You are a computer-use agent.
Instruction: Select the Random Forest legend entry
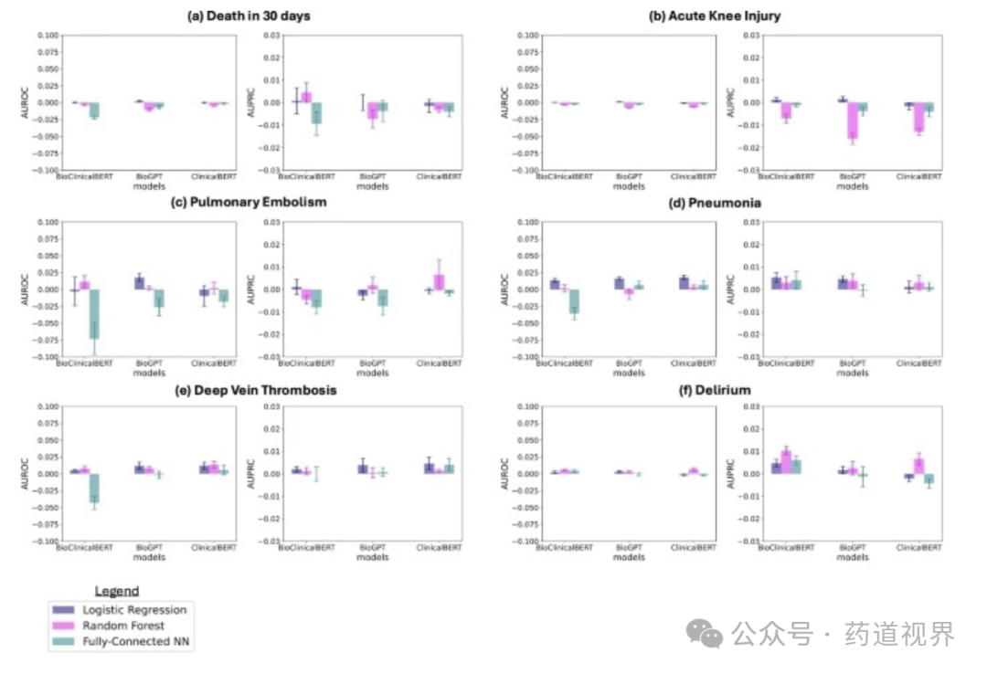tap(123, 626)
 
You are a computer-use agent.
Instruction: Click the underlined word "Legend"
tap(117, 592)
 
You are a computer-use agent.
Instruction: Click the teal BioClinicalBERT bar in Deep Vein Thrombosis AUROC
tap(94, 488)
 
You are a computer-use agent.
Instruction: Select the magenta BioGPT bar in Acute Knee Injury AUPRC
tap(853, 120)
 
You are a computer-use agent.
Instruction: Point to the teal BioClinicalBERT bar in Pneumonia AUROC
tap(574, 301)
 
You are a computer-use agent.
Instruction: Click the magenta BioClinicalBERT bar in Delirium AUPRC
tap(786, 461)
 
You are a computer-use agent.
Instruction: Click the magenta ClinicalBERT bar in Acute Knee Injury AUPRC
tap(918, 117)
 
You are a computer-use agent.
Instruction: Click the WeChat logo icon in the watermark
tap(706, 632)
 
